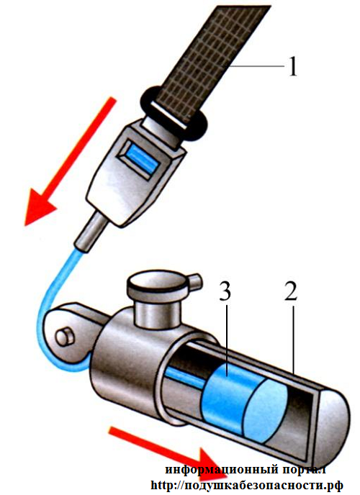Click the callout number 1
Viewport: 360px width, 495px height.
click(x=293, y=66)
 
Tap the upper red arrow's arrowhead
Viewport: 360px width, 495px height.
click(x=39, y=206)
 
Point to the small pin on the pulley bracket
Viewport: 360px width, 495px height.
click(x=65, y=337)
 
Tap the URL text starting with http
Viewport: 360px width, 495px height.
click(x=247, y=485)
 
